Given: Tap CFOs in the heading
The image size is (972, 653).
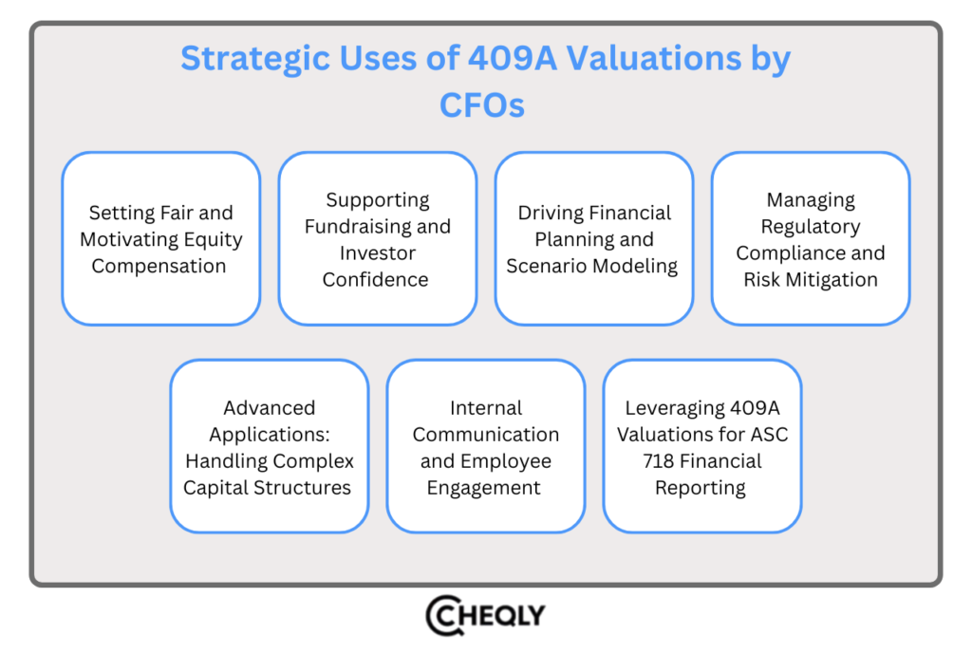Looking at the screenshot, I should (x=481, y=104).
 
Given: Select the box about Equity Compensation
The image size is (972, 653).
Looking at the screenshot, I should (x=160, y=238).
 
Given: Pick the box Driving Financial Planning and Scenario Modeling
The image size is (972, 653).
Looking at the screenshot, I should (x=593, y=238).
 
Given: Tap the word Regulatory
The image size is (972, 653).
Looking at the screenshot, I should (x=810, y=227).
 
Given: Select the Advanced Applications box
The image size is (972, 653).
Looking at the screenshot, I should (x=269, y=446).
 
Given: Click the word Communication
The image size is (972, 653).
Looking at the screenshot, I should (x=486, y=435).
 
